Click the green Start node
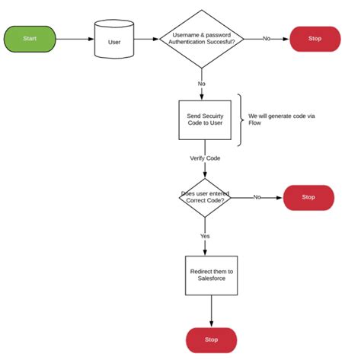30,38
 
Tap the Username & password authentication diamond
201,38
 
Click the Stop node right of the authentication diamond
315,38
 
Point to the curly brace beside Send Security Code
241,119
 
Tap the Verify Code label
205,158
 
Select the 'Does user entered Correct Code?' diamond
204,197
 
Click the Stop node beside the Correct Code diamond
308,197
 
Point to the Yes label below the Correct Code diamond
205,236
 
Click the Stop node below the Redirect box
211,339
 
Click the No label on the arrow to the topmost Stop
267,38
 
